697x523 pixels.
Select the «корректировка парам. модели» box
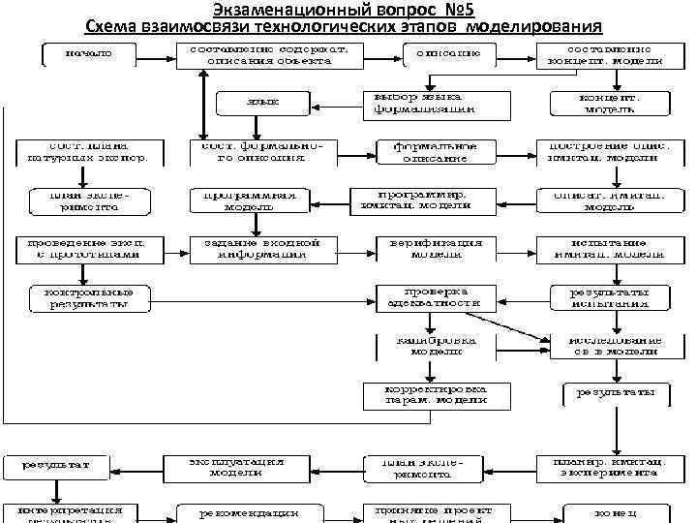pyautogui.click(x=435, y=394)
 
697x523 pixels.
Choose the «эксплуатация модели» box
pyautogui.click(x=237, y=467)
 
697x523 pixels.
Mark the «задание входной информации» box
pyautogui.click(x=255, y=247)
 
